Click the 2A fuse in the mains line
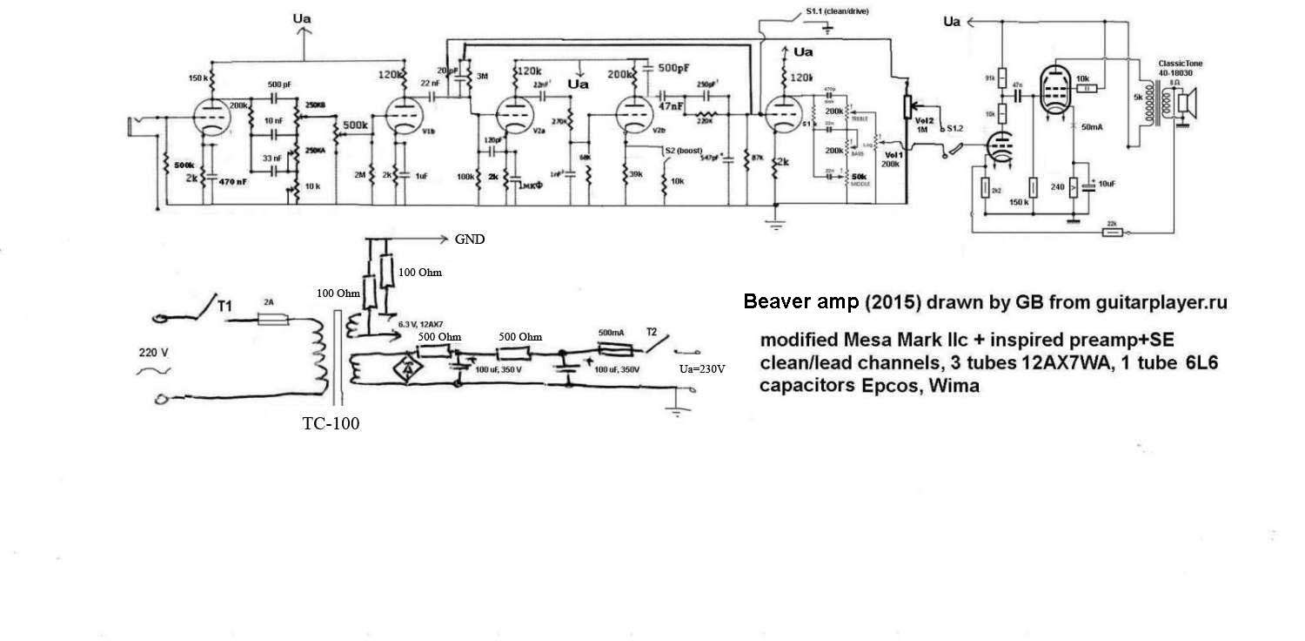(x=271, y=322)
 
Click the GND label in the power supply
(x=469, y=240)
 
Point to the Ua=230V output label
(x=702, y=368)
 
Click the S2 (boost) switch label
(x=685, y=150)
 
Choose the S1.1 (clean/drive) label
(x=836, y=10)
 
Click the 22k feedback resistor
(x=1113, y=233)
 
